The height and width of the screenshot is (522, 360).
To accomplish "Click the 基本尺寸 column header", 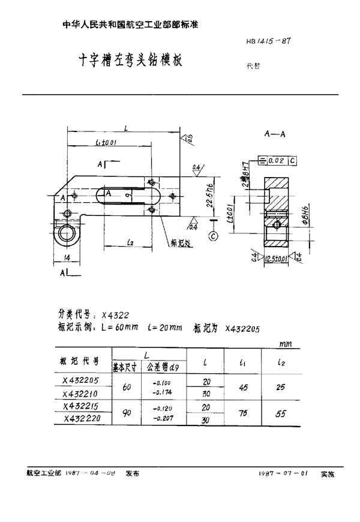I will point(125,365).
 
